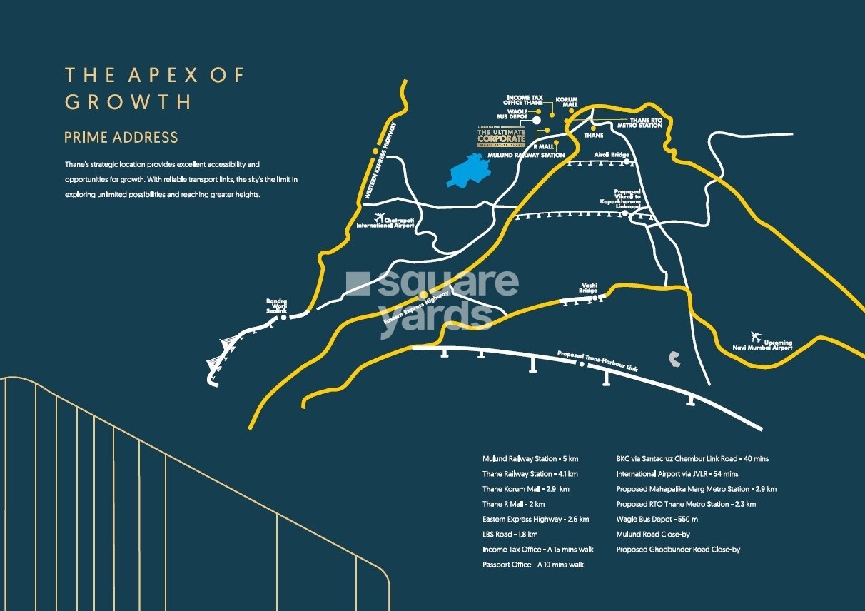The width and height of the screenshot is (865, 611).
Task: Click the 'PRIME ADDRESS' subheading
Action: click(x=121, y=137)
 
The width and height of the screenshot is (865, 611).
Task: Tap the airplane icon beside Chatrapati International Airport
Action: click(x=378, y=217)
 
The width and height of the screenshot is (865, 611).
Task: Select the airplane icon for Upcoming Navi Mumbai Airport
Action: click(x=756, y=336)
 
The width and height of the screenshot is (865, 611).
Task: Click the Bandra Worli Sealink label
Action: click(x=277, y=305)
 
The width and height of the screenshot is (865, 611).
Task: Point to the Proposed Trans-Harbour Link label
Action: click(x=597, y=360)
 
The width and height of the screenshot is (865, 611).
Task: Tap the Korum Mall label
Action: click(x=566, y=102)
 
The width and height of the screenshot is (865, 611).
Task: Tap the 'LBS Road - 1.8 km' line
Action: click(x=510, y=535)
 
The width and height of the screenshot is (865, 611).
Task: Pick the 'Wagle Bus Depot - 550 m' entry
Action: click(x=657, y=519)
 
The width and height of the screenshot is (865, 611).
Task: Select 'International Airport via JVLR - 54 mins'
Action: click(x=677, y=474)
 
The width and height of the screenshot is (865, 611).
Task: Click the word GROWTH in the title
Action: click(x=128, y=101)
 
